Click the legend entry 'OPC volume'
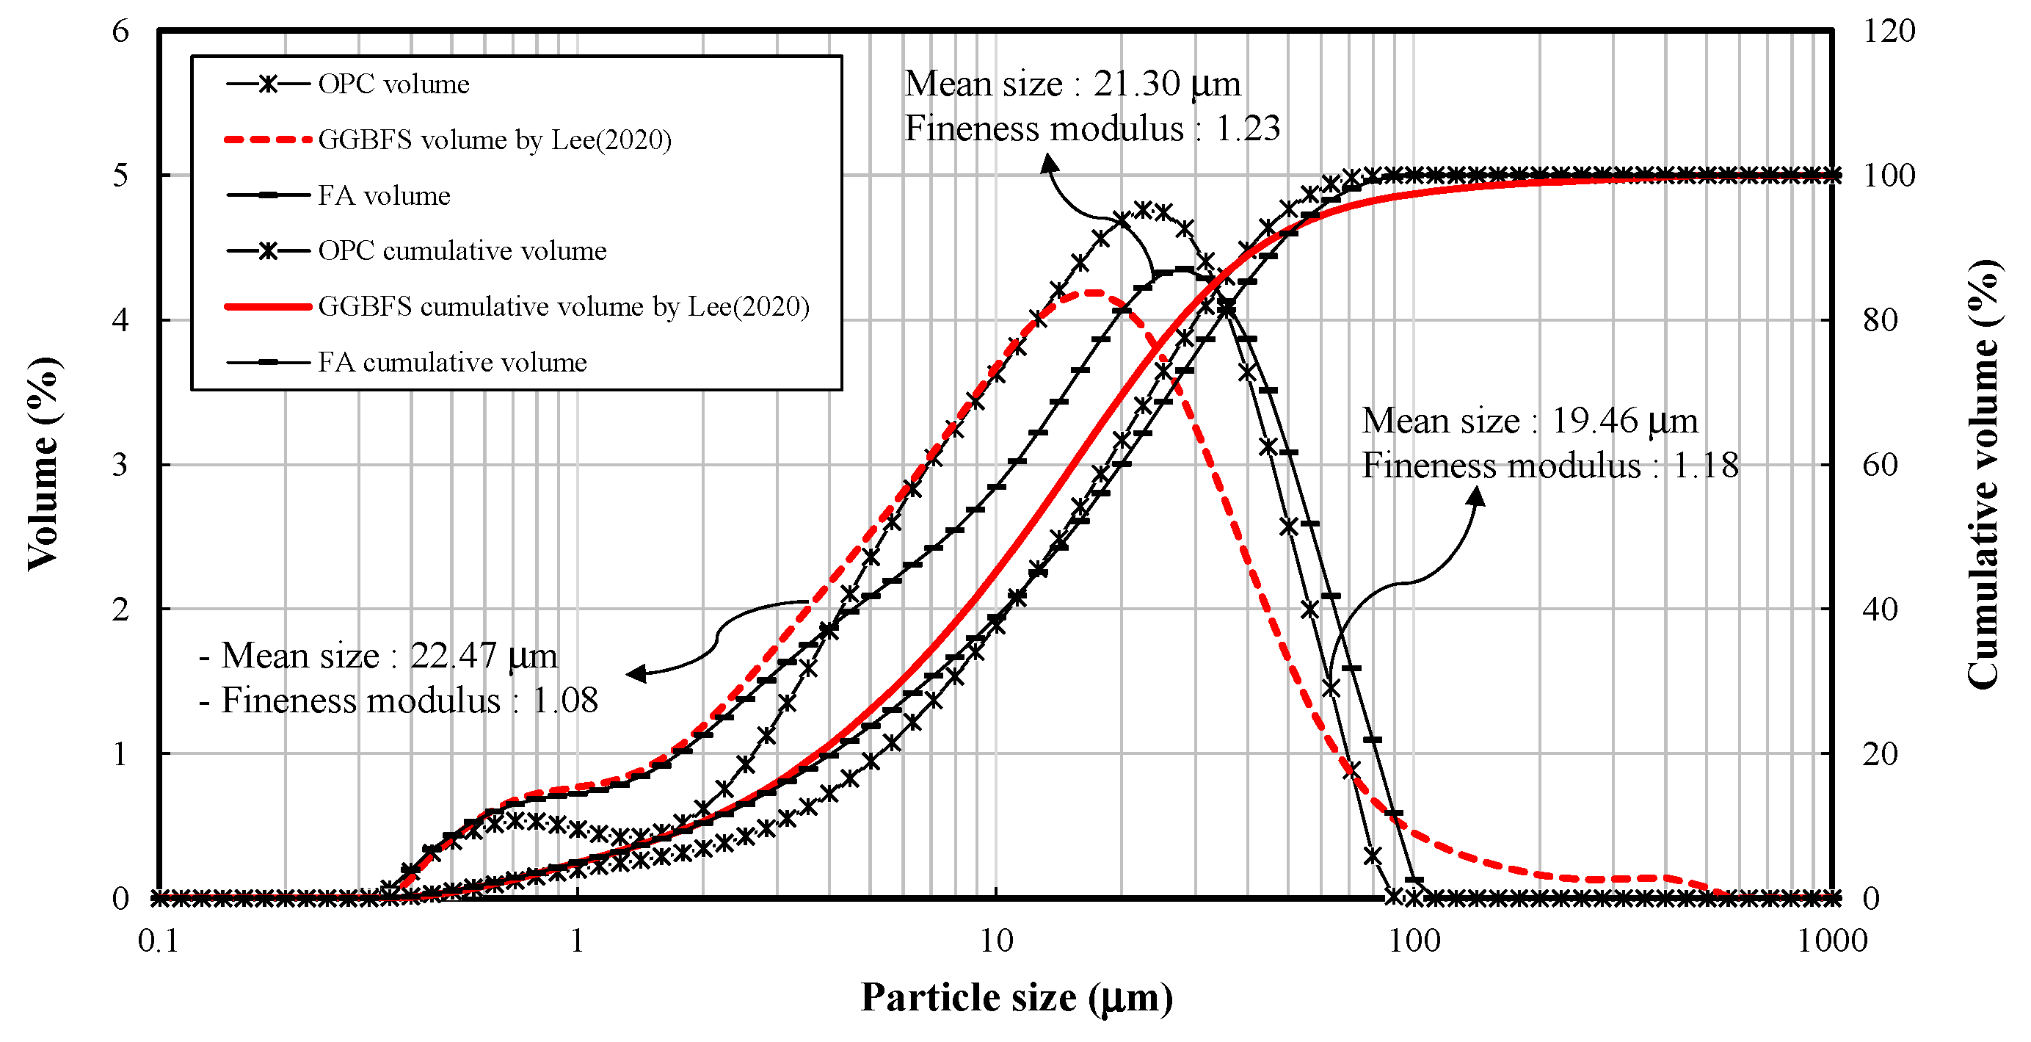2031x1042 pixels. pyautogui.click(x=393, y=84)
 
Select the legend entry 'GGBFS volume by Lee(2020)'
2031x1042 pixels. pyautogui.click(x=494, y=140)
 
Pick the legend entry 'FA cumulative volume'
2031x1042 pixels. pyautogui.click(x=451, y=362)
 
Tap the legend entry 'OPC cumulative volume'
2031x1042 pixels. pyautogui.click(x=462, y=251)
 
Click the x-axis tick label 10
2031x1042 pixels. pyautogui.click(x=996, y=941)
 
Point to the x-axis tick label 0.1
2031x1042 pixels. pyautogui.click(x=159, y=941)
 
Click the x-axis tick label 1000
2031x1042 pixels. pyautogui.click(x=1831, y=941)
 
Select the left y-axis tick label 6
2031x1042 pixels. pyautogui.click(x=120, y=32)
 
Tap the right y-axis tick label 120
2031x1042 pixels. pyautogui.click(x=1889, y=32)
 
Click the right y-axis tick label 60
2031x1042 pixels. pyautogui.click(x=1881, y=465)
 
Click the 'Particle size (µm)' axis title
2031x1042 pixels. pyautogui.click(x=1017, y=997)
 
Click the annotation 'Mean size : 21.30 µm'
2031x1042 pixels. pyautogui.click(x=1072, y=84)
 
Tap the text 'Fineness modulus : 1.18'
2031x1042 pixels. pyautogui.click(x=1550, y=466)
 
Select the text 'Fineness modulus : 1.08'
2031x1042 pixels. pyautogui.click(x=399, y=701)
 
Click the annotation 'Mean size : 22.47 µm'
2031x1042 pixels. pyautogui.click(x=379, y=656)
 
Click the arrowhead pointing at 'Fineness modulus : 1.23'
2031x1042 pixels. pyautogui.click(x=1050, y=162)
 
